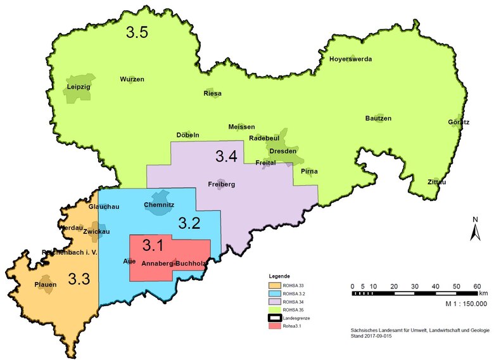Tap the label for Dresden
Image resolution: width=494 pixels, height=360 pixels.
282,151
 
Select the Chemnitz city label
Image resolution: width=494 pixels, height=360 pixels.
159,205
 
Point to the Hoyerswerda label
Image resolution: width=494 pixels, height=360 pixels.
350,59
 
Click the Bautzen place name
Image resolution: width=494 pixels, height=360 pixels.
378,119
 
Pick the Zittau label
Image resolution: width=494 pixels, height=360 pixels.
437,182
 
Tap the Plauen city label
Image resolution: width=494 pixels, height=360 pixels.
46,285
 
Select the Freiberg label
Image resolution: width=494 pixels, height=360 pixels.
221,184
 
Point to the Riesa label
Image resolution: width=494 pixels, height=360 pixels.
212,93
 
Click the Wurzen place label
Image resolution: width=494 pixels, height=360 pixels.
132,79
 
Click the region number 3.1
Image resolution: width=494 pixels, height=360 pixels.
153,245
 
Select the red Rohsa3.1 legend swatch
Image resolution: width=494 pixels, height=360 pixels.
273,326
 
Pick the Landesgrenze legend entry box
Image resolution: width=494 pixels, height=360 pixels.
273,318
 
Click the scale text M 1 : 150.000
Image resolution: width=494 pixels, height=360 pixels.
455,304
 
